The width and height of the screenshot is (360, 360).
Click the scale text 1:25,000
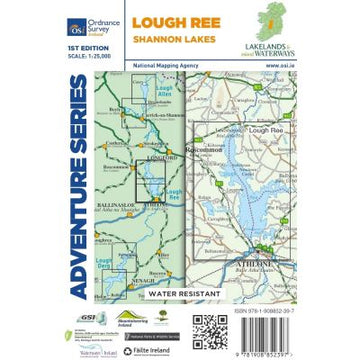46,56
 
